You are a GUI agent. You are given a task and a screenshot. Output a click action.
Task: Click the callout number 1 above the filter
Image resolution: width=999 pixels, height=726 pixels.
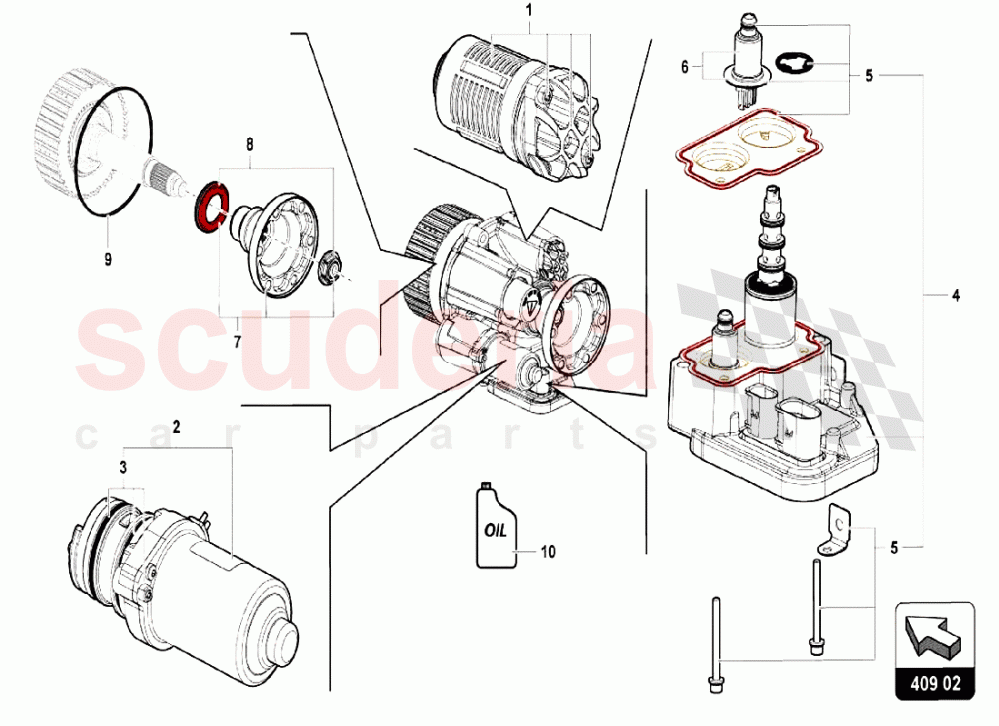click(528, 10)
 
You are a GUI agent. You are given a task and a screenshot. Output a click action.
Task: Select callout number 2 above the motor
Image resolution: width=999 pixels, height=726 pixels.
click(177, 427)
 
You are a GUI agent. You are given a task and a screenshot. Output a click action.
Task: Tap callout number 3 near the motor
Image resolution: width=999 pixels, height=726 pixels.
click(123, 468)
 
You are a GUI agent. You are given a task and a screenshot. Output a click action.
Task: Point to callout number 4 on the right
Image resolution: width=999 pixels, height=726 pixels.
click(956, 295)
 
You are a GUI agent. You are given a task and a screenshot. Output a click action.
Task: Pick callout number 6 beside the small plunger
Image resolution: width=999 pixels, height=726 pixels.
click(685, 66)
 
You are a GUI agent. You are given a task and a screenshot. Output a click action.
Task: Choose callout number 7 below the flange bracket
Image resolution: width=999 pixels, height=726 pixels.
click(237, 342)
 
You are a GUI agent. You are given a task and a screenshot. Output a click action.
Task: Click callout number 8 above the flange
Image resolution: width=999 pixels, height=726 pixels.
click(249, 145)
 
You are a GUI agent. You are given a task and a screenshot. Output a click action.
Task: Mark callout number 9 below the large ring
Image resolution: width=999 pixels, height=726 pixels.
click(108, 260)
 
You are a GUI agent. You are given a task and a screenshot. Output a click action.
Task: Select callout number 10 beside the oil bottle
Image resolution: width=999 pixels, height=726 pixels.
click(548, 551)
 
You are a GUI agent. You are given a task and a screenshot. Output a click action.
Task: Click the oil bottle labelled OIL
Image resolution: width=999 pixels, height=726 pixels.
click(497, 526)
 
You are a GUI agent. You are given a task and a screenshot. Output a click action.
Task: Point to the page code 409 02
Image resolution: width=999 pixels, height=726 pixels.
click(935, 684)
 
